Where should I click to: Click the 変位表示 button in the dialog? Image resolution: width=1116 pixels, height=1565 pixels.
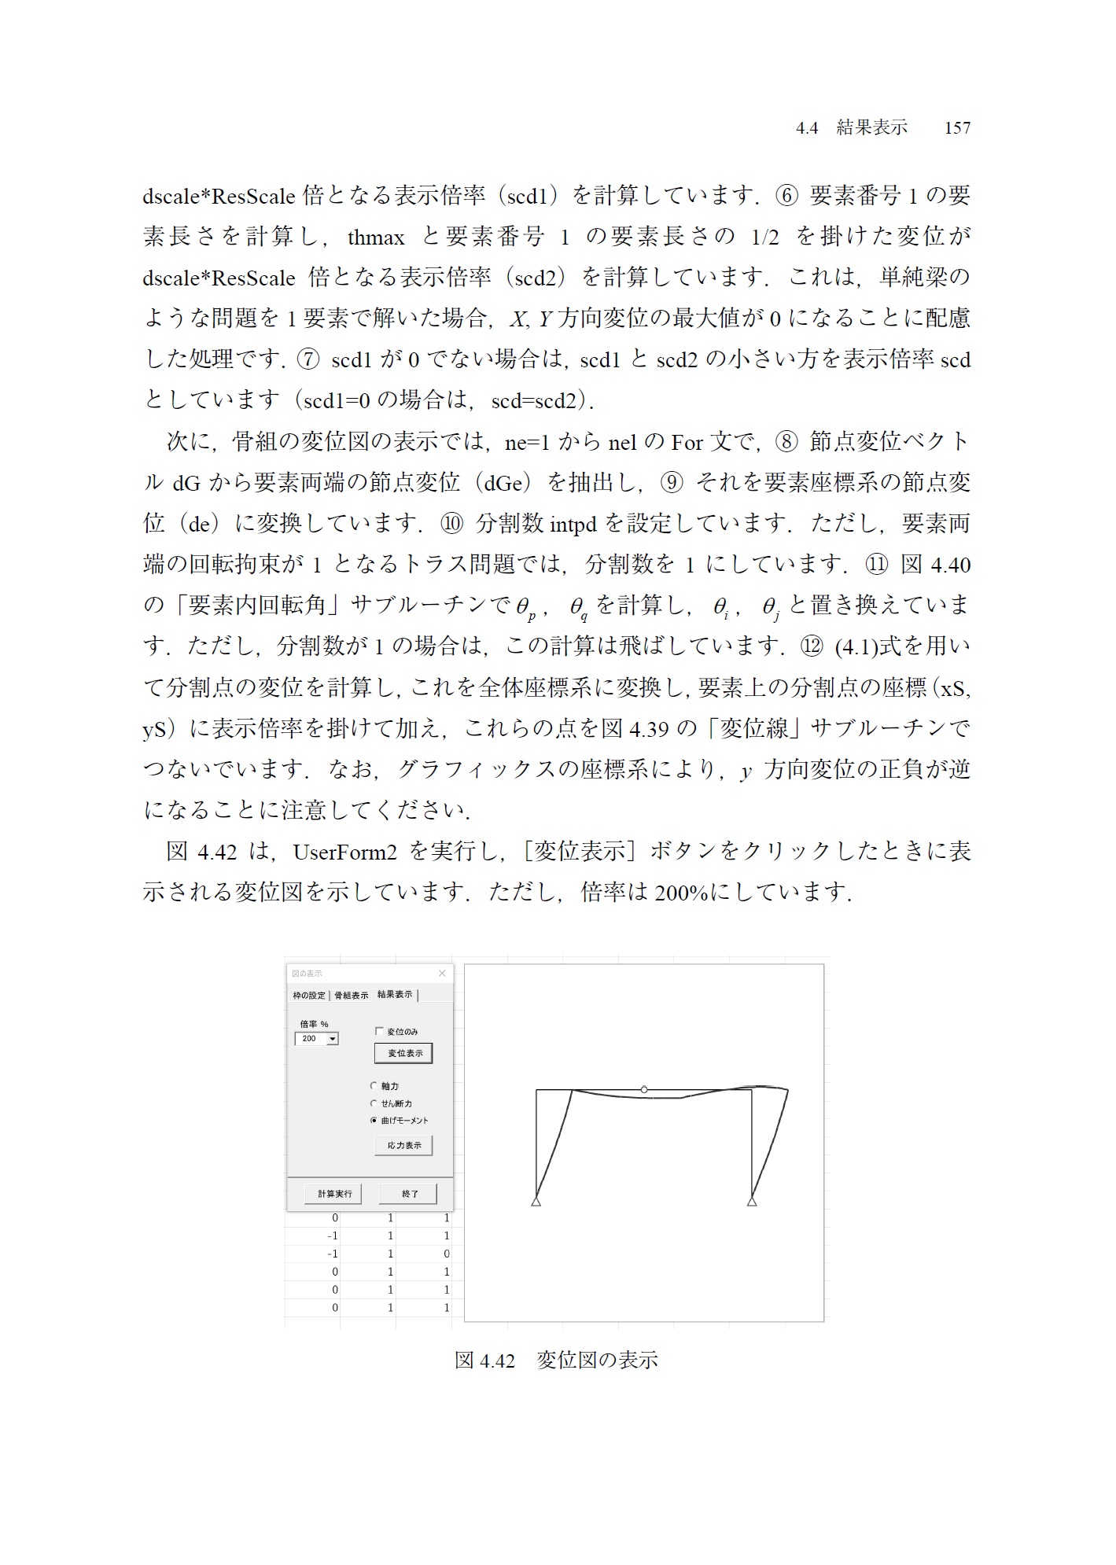click(404, 1053)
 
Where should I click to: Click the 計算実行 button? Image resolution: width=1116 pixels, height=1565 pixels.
click(334, 1194)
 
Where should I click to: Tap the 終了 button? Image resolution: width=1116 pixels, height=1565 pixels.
click(409, 1194)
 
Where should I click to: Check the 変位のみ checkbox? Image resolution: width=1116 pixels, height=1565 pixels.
click(379, 1031)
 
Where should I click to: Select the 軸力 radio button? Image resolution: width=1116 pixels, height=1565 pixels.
click(374, 1086)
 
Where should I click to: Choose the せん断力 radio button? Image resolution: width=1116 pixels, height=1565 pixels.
click(374, 1103)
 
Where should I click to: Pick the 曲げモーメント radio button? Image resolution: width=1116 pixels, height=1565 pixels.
click(374, 1121)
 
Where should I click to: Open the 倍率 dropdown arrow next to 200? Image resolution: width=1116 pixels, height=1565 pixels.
click(333, 1039)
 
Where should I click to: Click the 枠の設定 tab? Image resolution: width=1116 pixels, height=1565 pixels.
click(309, 996)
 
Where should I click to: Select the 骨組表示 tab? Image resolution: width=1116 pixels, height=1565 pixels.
click(351, 996)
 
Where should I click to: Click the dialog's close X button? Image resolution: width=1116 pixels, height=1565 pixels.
click(442, 974)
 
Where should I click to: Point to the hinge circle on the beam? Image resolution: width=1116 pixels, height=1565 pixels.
click(644, 1089)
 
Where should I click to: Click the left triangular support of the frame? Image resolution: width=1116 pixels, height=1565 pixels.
click(536, 1201)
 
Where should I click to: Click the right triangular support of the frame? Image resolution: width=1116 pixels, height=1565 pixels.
click(752, 1201)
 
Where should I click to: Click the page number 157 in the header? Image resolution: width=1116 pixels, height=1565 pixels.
click(957, 128)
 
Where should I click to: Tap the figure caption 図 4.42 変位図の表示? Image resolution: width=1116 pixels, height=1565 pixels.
click(556, 1360)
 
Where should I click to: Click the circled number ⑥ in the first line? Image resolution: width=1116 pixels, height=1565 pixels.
click(786, 195)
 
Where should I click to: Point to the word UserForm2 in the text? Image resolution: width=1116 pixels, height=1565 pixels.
click(345, 852)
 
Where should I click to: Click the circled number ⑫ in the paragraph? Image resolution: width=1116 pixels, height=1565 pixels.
click(811, 646)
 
